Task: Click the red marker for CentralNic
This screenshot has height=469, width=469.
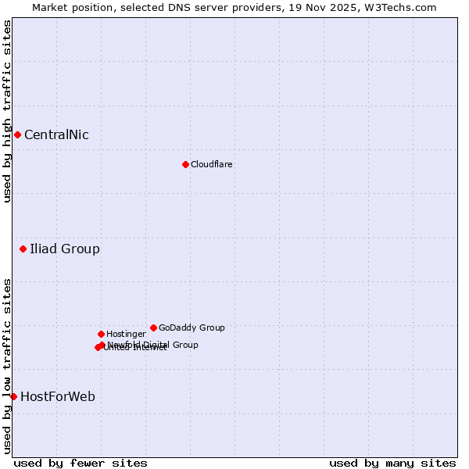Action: (x=17, y=134)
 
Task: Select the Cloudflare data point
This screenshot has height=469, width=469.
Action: (x=185, y=164)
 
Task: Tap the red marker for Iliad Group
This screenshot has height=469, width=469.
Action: (x=23, y=249)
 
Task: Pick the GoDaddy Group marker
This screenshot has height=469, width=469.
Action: (x=153, y=328)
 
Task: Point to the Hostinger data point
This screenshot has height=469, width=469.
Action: (x=101, y=334)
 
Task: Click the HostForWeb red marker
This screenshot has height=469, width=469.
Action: (x=13, y=396)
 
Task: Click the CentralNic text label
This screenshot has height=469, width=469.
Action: (x=56, y=134)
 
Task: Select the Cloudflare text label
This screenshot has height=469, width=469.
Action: (x=212, y=164)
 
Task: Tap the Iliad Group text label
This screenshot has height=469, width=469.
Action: (x=65, y=249)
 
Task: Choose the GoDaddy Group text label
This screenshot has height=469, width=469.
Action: (x=192, y=328)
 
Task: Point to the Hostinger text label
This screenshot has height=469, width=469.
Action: (x=126, y=334)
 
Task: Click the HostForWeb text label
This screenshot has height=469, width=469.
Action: (x=58, y=396)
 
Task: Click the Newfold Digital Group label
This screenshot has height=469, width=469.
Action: (x=153, y=345)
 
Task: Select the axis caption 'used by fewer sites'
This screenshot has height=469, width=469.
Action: (x=81, y=463)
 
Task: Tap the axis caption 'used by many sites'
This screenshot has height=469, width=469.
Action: (x=392, y=463)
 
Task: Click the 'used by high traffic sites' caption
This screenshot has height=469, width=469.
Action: (x=7, y=111)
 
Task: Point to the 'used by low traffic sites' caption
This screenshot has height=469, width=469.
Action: (x=7, y=366)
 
